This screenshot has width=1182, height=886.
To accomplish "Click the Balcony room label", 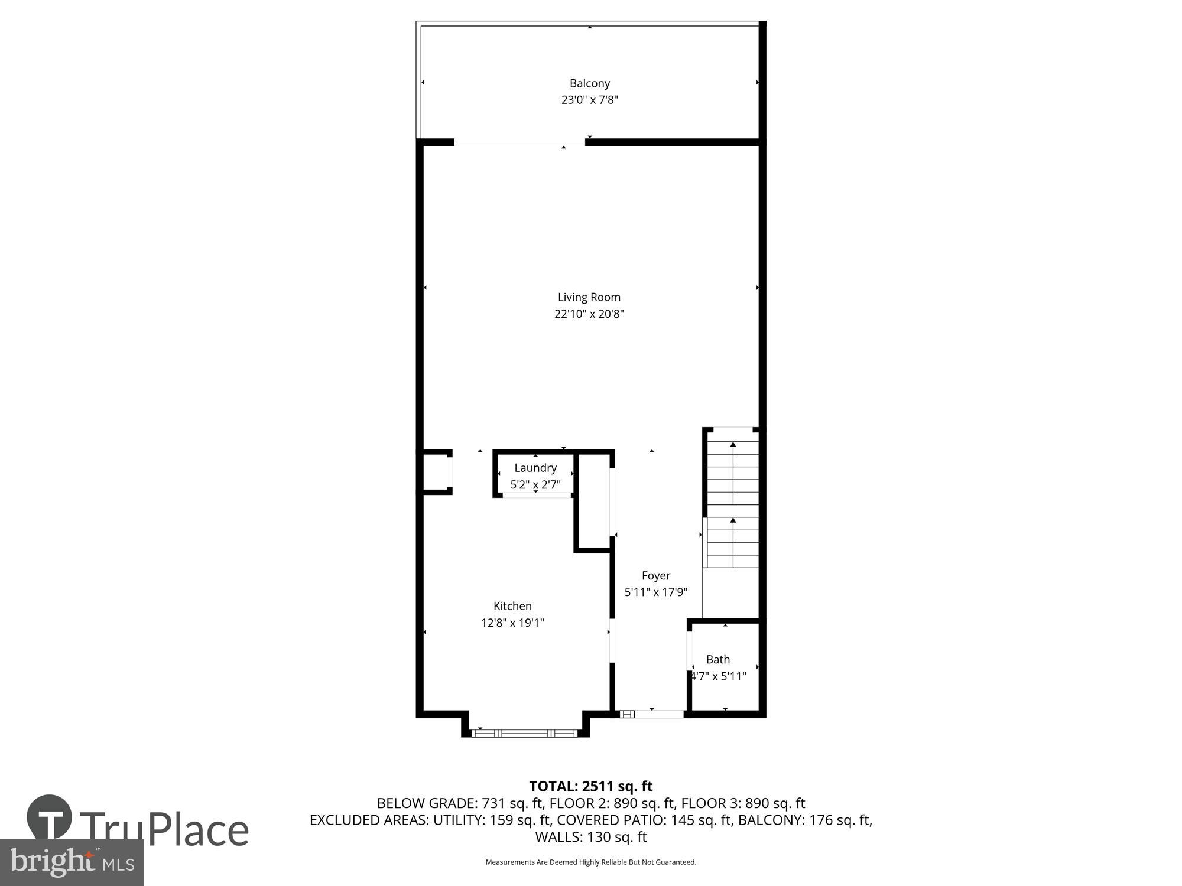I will pos(589,83).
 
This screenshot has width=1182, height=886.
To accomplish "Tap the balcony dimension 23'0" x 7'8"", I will pos(589,100).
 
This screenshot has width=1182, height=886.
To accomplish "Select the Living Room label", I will pos(589,297).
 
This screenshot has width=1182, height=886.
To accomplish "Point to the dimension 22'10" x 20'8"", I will pos(589,314).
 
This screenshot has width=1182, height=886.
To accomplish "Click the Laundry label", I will pos(535,468).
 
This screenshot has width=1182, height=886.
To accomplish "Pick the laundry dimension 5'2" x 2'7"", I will pos(535,485).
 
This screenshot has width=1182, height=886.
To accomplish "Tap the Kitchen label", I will pos(512,606).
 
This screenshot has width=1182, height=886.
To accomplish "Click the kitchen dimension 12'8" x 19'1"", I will pos(512,623).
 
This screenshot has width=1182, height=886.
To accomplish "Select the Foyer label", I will pos(656,575).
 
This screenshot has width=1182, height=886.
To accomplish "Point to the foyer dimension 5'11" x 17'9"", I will pos(656,592).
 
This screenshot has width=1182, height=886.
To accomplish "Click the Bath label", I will pos(718,659).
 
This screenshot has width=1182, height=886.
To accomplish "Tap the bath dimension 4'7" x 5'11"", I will pos(719,676).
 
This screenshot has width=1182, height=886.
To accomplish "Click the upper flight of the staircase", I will pos(733,467).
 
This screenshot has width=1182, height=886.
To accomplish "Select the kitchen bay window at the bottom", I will pos(525,733).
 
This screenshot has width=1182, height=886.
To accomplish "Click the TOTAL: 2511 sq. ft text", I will pos(590,786).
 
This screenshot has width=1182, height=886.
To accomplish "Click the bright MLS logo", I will pos(72,862).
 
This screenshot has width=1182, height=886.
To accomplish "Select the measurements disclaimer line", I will pos(590,862).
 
